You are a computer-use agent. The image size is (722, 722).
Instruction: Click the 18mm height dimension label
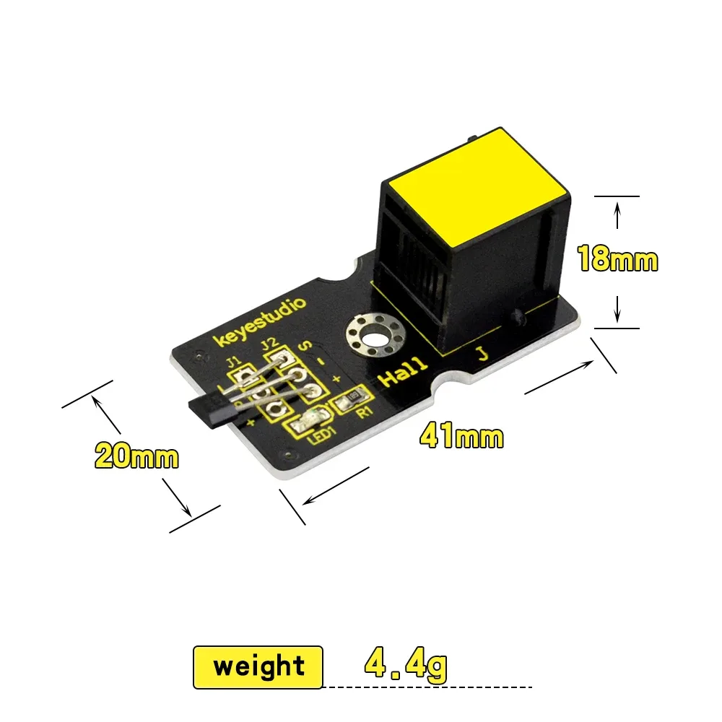[617, 258]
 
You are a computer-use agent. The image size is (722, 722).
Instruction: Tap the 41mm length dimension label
[461, 435]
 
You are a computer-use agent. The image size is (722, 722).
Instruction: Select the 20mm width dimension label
[136, 456]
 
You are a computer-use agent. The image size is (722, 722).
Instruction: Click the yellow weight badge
[258, 667]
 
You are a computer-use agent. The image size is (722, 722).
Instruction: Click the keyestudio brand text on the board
[260, 322]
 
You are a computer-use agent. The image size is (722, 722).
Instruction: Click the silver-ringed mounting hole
[374, 336]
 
